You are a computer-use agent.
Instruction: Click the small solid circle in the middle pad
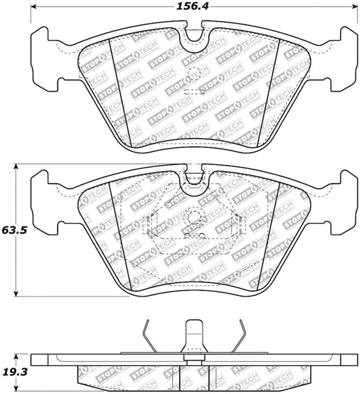(194, 218)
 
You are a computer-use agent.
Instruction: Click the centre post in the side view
(195, 338)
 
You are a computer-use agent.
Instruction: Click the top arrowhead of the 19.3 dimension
(18, 354)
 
